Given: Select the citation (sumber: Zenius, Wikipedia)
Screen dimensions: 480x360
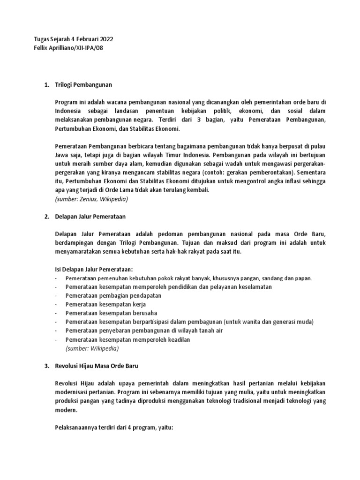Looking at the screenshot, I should click(x=91, y=199).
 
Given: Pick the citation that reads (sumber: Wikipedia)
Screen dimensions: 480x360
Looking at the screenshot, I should click(x=92, y=348).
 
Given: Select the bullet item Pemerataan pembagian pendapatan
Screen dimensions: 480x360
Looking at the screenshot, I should click(x=113, y=295).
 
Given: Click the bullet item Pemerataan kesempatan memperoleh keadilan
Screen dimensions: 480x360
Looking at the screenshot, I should click(x=127, y=339).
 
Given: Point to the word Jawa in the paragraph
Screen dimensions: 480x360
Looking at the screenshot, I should click(x=62, y=155).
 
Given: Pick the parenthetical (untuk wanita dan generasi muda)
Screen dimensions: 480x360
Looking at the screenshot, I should click(x=269, y=322).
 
